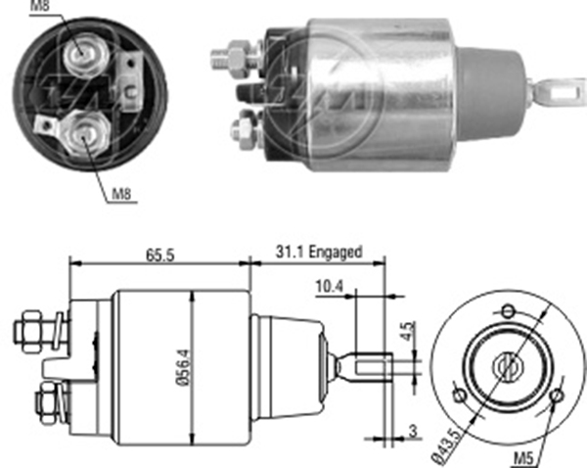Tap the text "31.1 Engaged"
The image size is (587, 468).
point(318,253)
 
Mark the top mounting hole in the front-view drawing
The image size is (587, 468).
point(507,311)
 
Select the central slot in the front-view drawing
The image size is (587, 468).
point(507,367)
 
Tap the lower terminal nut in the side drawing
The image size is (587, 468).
point(45,398)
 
